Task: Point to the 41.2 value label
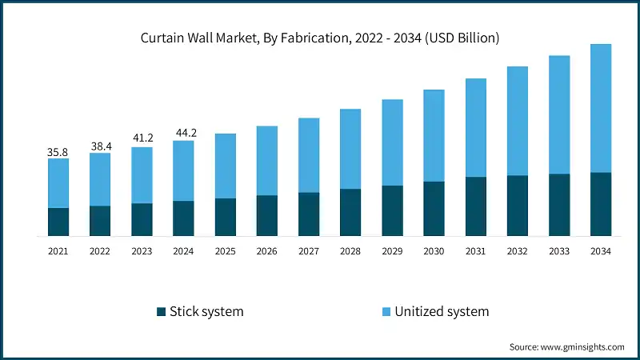(x=142, y=138)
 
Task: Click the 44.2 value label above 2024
(x=183, y=132)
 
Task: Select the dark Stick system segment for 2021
(x=58, y=222)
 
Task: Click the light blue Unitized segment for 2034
(x=600, y=108)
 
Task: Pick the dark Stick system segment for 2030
(x=434, y=209)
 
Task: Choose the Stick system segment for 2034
(x=600, y=204)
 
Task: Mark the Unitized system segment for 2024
(x=183, y=170)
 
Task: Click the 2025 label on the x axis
(x=225, y=251)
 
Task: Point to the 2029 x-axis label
(x=392, y=251)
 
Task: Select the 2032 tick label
(x=517, y=251)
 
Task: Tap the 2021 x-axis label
(x=58, y=251)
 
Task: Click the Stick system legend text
(x=206, y=311)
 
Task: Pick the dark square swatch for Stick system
(x=160, y=311)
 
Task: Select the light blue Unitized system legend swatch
(x=386, y=311)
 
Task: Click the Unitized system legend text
(x=442, y=311)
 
